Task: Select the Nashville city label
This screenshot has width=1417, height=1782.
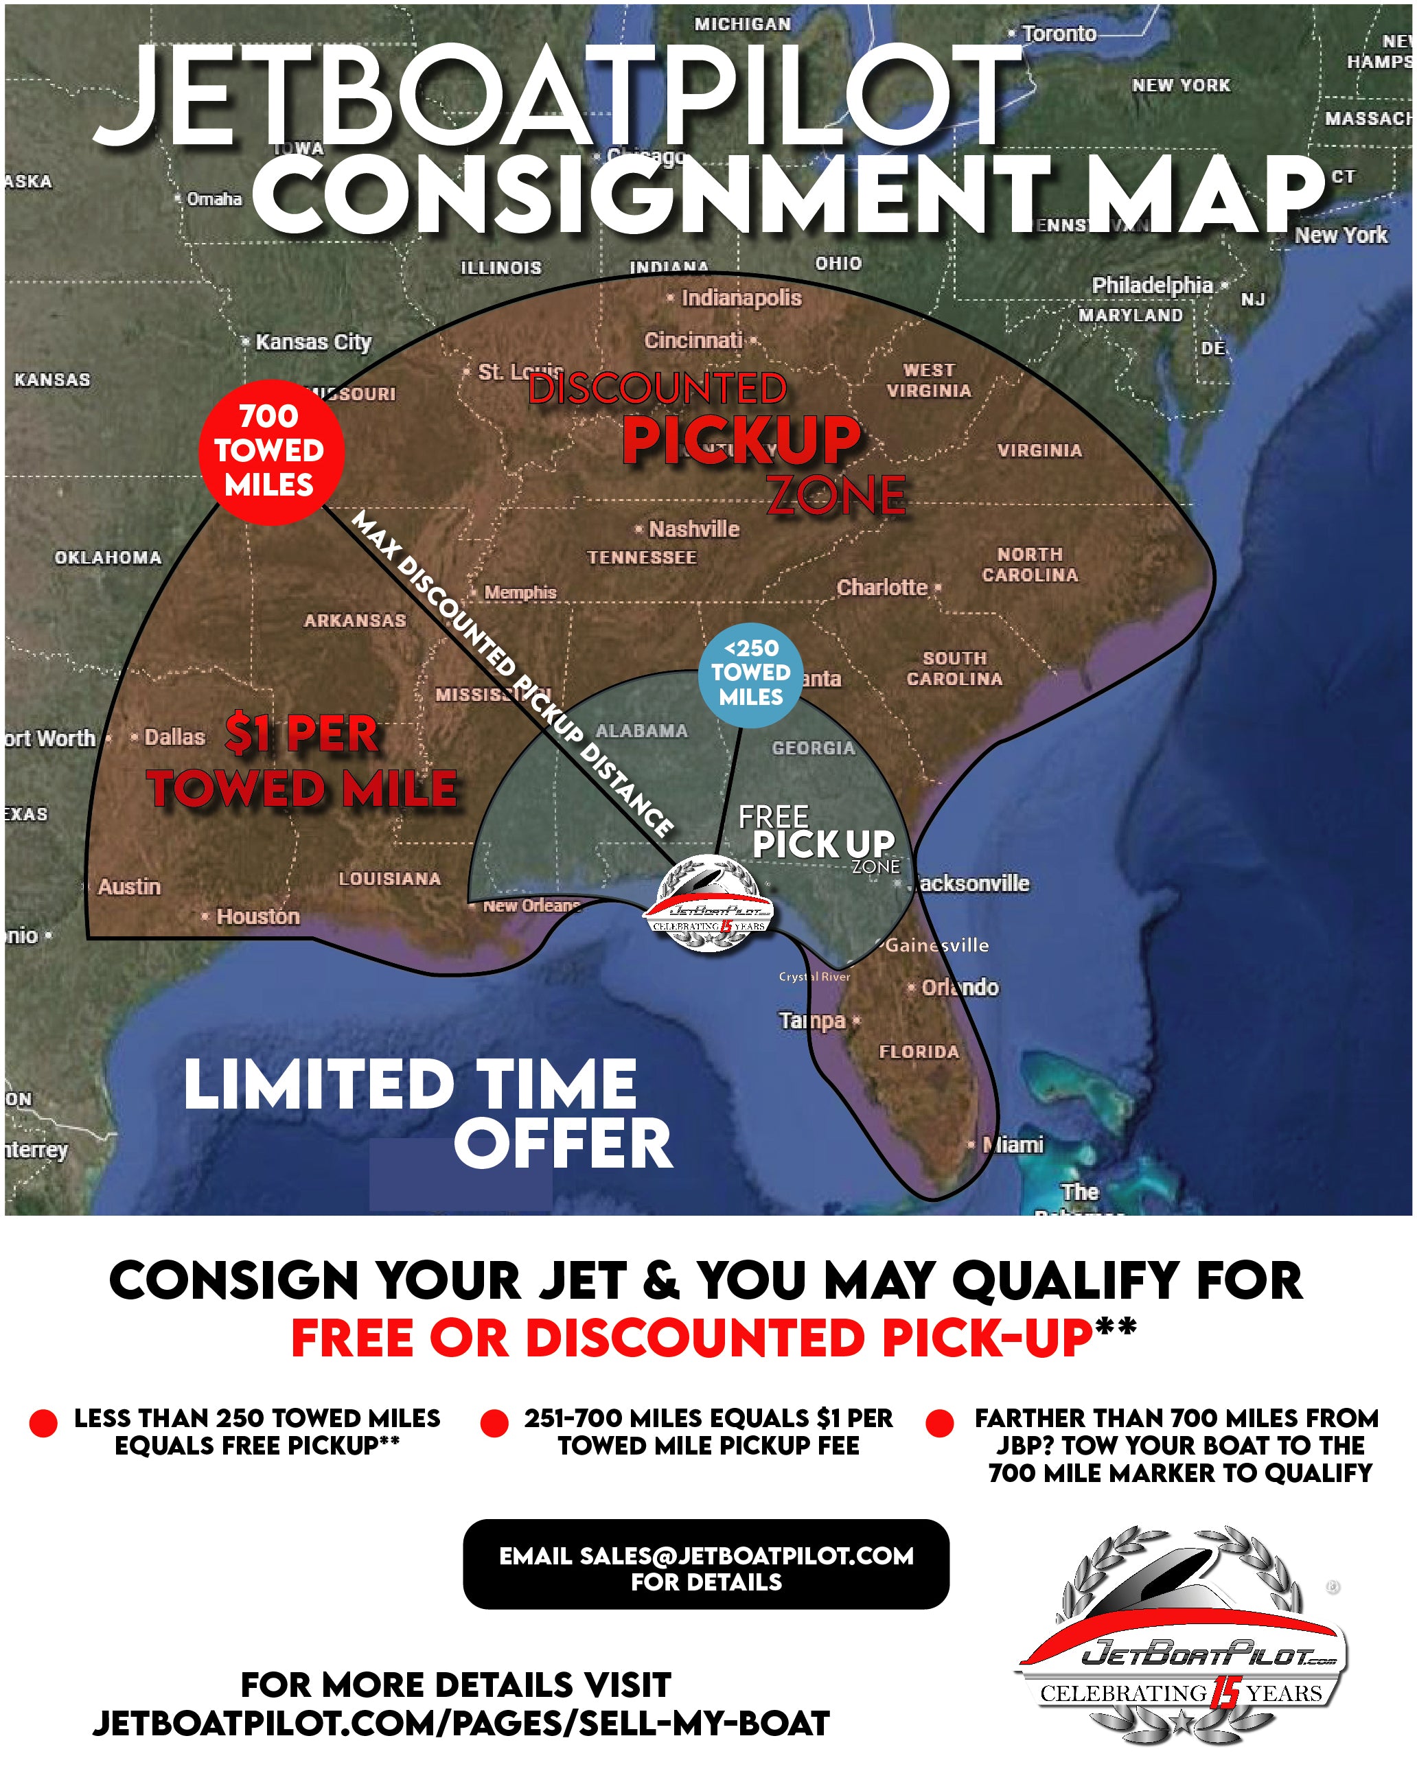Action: click(693, 529)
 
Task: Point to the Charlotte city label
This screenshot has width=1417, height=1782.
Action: click(882, 588)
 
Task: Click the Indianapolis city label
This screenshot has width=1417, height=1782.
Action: click(740, 299)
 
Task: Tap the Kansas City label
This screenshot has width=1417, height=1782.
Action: click(312, 342)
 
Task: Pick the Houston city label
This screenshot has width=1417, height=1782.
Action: click(257, 916)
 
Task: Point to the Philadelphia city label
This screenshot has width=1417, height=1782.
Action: click(1151, 285)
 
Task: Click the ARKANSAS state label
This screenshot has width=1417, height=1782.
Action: click(355, 621)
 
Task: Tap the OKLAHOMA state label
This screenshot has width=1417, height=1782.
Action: click(108, 558)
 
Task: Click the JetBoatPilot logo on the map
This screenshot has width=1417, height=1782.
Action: click(708, 903)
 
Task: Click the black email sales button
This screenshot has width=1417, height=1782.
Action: click(706, 1568)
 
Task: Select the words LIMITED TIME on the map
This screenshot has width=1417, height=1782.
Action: click(410, 1085)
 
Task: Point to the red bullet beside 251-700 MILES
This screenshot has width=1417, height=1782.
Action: click(494, 1423)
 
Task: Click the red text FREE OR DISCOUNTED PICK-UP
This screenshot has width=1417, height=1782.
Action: click(693, 1337)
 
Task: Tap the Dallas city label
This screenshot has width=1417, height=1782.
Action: click(174, 737)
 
